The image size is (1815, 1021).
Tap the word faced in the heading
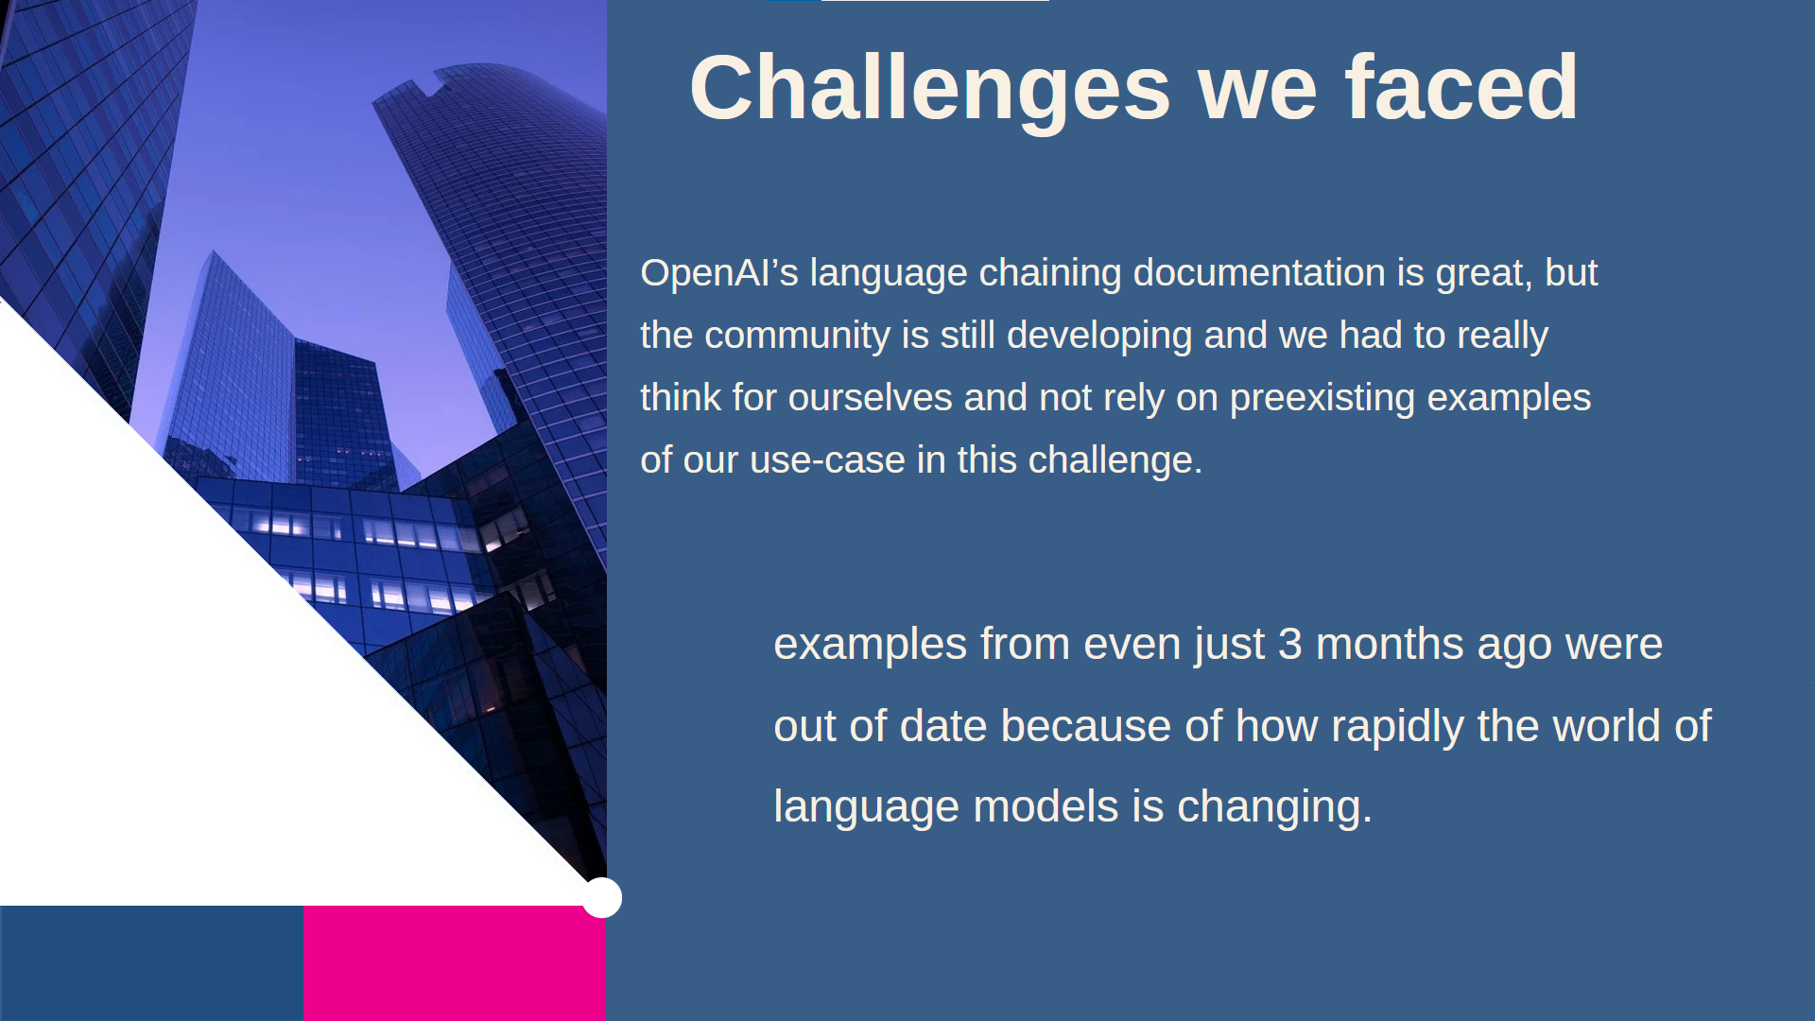coord(1461,87)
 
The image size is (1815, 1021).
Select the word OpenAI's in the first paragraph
coord(719,273)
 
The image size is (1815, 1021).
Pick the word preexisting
coord(1322,398)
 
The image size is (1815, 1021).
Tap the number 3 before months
coord(1289,645)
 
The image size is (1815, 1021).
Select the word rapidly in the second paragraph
coord(1397,727)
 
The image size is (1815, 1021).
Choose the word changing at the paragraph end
coord(1274,808)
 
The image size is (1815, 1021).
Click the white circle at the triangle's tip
coord(602,897)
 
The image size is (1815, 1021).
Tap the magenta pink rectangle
coord(455,963)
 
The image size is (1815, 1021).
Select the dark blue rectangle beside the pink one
coord(151,963)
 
